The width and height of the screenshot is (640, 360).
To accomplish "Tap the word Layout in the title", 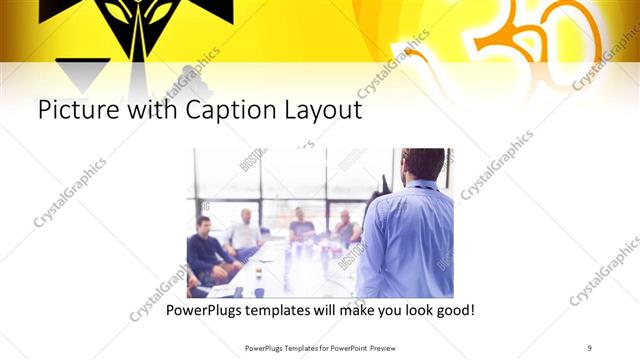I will point(317,110).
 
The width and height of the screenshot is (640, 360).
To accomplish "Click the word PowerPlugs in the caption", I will point(204,311).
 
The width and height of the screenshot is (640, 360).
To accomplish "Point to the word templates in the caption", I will point(284,311).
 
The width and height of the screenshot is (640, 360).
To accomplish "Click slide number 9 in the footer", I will point(590,347).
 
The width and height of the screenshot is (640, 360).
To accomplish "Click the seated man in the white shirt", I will point(243,232).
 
